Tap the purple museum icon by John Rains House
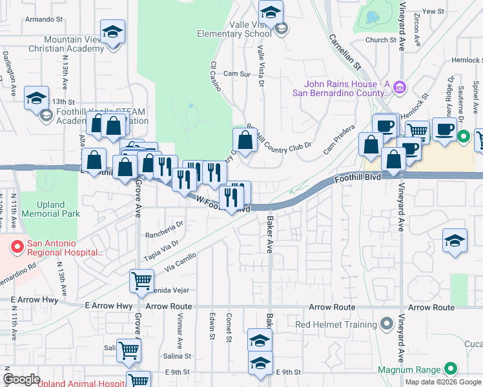click(400, 86)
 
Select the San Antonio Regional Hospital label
click(64, 248)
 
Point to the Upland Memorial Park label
click(50, 208)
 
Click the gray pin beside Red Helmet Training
click(387, 323)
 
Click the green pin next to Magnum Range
click(450, 370)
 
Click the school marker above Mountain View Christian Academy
click(112, 32)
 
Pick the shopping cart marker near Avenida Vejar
click(141, 281)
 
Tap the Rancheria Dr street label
click(165, 225)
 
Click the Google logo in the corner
click(21, 379)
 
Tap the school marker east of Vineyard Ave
click(455, 242)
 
